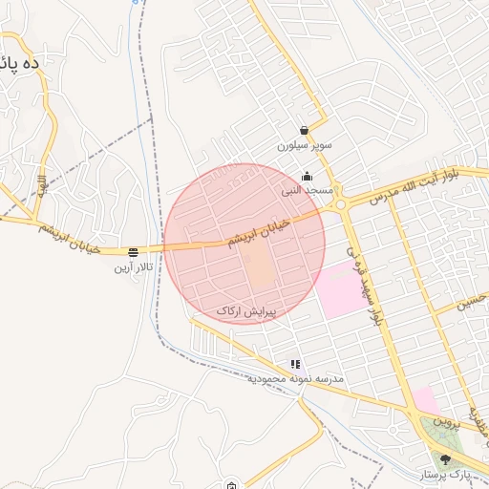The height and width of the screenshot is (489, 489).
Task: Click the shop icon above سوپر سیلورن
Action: pyautogui.click(x=304, y=131)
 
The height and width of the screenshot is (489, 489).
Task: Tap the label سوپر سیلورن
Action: pyautogui.click(x=304, y=146)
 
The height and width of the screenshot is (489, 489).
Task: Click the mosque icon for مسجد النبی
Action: pyautogui.click(x=307, y=176)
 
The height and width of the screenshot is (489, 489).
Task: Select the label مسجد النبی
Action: pyautogui.click(x=307, y=190)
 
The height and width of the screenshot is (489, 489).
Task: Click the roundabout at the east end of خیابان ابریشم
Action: pyautogui.click(x=340, y=202)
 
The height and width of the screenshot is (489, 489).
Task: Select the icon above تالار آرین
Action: pyautogui.click(x=133, y=253)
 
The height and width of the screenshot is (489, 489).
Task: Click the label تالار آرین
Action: pyautogui.click(x=133, y=267)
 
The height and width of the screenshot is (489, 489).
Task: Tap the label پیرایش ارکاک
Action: pyautogui.click(x=245, y=311)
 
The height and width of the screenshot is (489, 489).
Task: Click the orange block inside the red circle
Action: pyautogui.click(x=259, y=267)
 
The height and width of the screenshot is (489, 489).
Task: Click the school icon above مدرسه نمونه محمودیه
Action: pyautogui.click(x=295, y=364)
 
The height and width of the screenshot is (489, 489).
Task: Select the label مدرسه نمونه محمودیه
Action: pyautogui.click(x=295, y=379)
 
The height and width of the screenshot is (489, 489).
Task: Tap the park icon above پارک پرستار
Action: pyautogui.click(x=445, y=459)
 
